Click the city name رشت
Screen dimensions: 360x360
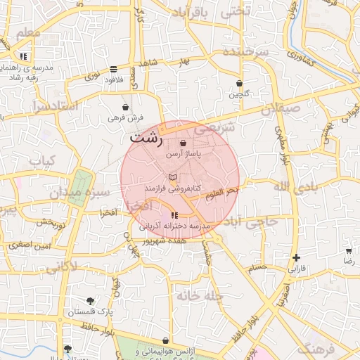coord(145,138)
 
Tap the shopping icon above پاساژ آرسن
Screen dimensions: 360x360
coord(183,143)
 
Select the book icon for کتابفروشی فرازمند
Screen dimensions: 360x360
coord(173,177)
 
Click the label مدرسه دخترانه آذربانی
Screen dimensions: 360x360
coord(174,226)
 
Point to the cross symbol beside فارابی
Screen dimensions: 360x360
coord(297,258)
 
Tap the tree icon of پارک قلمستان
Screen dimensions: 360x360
coord(90,301)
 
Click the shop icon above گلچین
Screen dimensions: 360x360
coord(239,83)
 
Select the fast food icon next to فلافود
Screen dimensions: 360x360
coord(113,69)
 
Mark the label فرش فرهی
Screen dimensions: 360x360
coord(125,118)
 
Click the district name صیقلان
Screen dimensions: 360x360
coord(280,109)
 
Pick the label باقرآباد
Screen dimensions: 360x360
coord(190,12)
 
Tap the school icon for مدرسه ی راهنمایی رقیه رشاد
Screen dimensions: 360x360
coord(24,56)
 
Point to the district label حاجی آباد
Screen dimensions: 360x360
coord(254,221)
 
